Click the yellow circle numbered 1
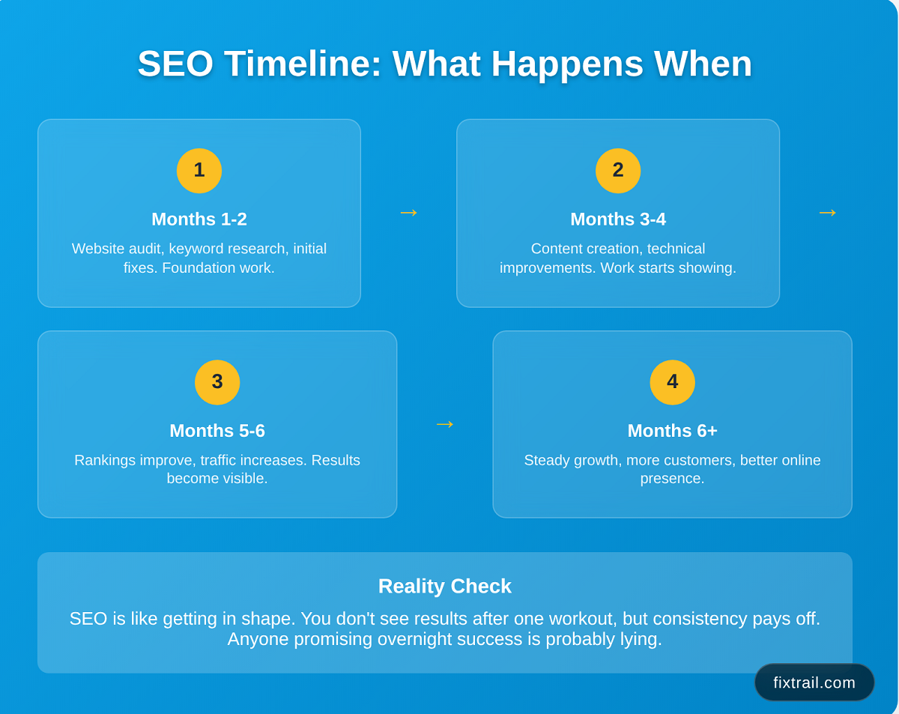click(x=199, y=171)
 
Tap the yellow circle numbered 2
click(x=618, y=171)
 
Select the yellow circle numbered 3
click(x=217, y=382)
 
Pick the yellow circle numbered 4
click(x=672, y=382)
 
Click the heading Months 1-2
click(x=199, y=219)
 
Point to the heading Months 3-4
click(x=618, y=219)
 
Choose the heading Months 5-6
click(x=217, y=430)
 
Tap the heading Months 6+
click(x=672, y=430)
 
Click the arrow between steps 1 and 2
click(x=408, y=213)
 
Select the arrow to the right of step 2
click(x=828, y=213)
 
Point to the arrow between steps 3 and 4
click(x=445, y=424)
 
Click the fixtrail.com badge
click(x=814, y=683)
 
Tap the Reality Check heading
click(x=444, y=586)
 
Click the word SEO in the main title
click(x=175, y=64)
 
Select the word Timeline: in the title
click(x=303, y=64)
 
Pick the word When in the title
click(x=703, y=64)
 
